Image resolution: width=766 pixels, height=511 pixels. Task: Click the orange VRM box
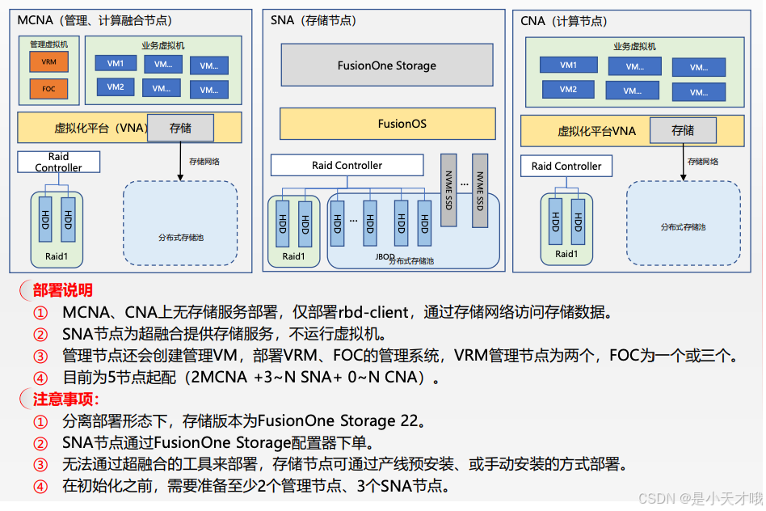48,61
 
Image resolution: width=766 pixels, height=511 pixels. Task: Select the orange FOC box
48,89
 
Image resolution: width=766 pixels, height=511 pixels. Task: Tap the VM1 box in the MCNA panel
116,63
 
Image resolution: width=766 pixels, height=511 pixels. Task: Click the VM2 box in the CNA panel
569,90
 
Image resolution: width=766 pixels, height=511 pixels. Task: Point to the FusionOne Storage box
386,65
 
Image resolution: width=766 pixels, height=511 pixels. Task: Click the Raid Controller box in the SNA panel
347,166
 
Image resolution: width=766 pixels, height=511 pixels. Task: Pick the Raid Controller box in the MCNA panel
58,162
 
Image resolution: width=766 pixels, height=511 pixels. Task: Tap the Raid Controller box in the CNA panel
566,167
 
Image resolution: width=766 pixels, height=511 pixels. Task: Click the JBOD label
385,256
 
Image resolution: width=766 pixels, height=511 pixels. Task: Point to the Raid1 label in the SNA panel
294,257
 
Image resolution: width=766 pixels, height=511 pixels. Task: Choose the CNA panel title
563,21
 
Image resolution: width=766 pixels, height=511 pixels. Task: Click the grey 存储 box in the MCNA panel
180,128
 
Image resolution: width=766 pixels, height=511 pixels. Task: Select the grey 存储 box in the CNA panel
683,130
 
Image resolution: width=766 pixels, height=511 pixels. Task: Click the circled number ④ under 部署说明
40,378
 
